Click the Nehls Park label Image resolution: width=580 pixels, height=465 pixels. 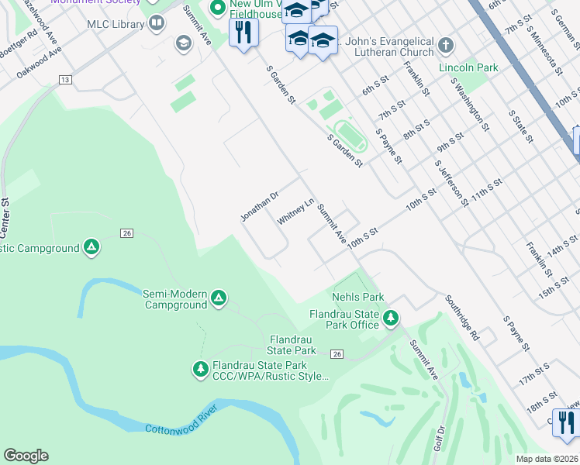pos(357,297)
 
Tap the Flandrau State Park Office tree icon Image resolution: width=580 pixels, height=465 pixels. pos(392,318)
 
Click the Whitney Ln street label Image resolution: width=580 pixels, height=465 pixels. pos(295,210)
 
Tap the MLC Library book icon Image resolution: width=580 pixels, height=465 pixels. pos(157,24)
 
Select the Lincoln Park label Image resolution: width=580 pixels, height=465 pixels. pos(468,68)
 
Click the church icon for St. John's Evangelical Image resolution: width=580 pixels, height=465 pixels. pos(445,46)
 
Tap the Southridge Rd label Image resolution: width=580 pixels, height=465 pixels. pos(462,318)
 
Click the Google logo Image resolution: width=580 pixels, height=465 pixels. pos(26,456)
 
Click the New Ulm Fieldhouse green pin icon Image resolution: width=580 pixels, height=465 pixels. pos(217,9)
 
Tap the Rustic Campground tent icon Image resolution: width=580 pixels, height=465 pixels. pos(91,248)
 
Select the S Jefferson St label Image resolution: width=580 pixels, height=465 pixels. pos(452,184)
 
